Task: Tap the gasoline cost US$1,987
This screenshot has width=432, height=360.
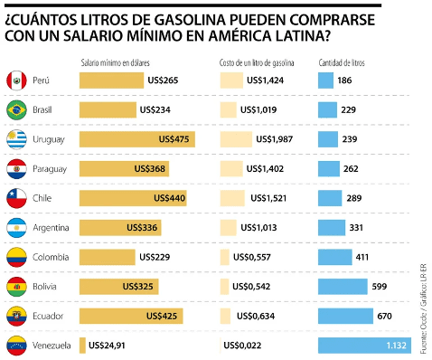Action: pos(276,139)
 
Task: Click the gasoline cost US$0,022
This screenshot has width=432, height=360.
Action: pos(243,345)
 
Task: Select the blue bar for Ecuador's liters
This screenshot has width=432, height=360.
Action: pos(345,316)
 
